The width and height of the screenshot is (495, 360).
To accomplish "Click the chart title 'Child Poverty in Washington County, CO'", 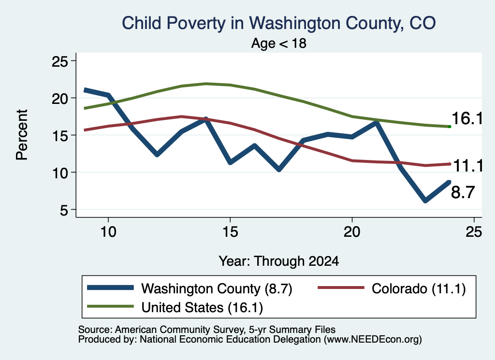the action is (x=279, y=23).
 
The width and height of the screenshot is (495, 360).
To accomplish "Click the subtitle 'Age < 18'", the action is (x=279, y=43).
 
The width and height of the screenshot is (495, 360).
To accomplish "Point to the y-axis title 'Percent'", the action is (x=22, y=135).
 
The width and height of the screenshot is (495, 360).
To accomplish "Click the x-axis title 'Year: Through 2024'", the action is (x=279, y=261).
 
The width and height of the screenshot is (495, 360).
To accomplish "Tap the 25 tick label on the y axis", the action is (x=59, y=61).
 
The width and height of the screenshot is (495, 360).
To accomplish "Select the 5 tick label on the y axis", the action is (x=64, y=210).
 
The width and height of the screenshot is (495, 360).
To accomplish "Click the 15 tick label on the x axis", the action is (x=230, y=232).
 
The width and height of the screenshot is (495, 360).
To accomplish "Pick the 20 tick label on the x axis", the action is (x=352, y=232).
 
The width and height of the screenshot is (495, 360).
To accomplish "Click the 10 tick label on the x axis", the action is (x=108, y=232).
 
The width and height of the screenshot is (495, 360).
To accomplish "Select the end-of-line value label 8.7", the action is (x=463, y=192).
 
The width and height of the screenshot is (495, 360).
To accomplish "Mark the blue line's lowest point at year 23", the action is (x=425, y=201).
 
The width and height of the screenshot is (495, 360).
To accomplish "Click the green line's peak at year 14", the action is (x=206, y=84).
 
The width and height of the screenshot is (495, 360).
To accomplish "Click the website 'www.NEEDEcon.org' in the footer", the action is (x=372, y=340).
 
